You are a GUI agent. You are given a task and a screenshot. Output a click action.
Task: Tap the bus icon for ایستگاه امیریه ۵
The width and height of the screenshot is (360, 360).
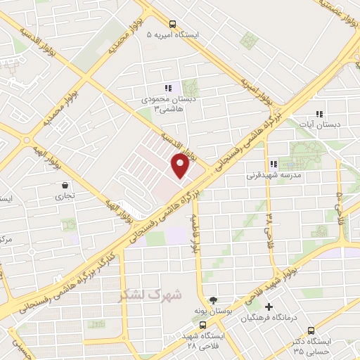174,23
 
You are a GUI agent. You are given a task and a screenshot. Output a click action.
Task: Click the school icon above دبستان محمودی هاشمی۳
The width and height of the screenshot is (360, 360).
168,88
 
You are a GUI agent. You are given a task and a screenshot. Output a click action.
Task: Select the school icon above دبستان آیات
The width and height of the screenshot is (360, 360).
319,113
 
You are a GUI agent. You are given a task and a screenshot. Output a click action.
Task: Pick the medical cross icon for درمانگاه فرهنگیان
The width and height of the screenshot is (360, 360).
269,307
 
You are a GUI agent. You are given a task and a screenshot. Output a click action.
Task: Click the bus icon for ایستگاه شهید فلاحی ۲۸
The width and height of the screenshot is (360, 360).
202,326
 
